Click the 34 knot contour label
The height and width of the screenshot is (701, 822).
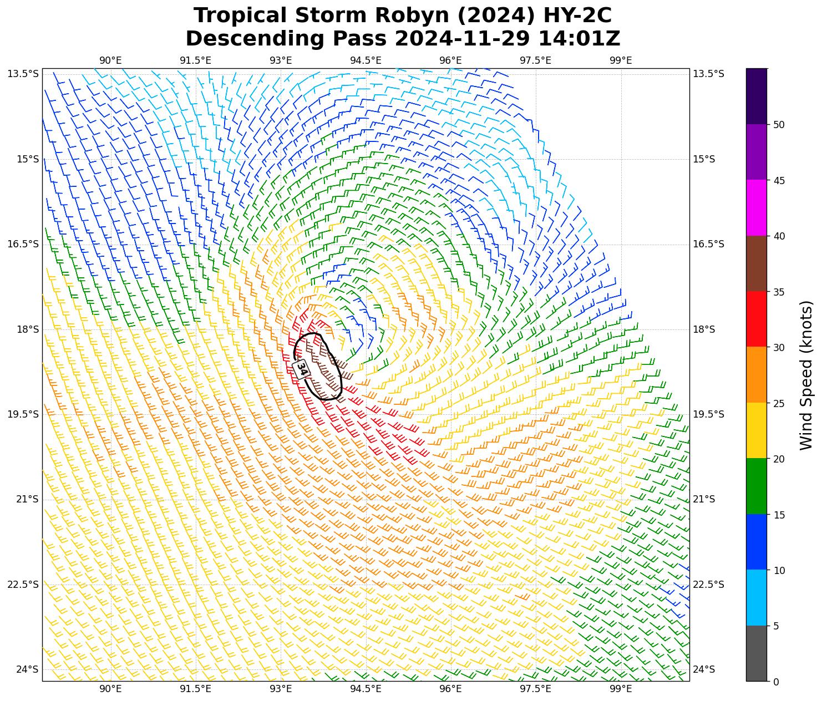pyautogui.click(x=302, y=369)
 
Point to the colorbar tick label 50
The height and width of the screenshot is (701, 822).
pyautogui.click(x=779, y=125)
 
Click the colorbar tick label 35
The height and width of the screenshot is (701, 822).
pyautogui.click(x=779, y=292)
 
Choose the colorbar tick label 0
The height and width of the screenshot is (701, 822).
pyautogui.click(x=776, y=682)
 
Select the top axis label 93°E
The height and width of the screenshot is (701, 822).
pyautogui.click(x=281, y=60)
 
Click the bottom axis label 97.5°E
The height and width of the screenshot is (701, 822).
pyautogui.click(x=535, y=689)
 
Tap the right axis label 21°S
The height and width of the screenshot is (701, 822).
pyautogui.click(x=703, y=500)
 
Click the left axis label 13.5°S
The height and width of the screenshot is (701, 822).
pyautogui.click(x=23, y=74)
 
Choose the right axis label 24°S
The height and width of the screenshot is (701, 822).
pyautogui.click(x=703, y=669)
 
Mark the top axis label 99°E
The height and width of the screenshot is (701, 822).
pyautogui.click(x=621, y=60)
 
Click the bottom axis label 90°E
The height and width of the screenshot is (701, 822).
pyautogui.click(x=110, y=689)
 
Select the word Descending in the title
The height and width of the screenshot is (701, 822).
pyautogui.click(x=255, y=39)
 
